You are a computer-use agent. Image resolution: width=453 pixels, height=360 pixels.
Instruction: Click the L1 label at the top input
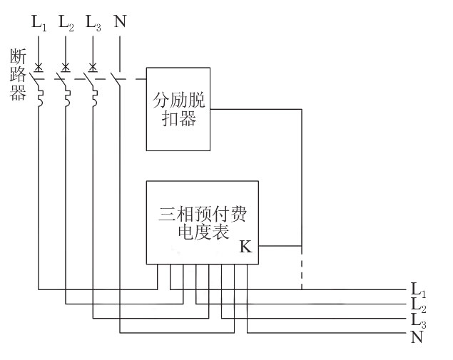39,24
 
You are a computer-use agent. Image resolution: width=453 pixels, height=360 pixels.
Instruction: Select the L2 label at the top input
66,24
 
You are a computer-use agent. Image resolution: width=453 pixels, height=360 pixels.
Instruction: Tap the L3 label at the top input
93,24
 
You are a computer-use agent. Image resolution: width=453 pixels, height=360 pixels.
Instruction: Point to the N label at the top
120,22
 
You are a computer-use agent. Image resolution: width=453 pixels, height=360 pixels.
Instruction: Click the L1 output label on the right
418,290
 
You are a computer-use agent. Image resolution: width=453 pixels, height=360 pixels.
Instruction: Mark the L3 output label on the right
418,320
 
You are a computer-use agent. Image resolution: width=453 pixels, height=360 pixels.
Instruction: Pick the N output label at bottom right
417,336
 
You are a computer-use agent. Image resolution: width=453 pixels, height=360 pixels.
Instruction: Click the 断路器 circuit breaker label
17,74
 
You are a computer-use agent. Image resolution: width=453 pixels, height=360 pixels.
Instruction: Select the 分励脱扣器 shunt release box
178,108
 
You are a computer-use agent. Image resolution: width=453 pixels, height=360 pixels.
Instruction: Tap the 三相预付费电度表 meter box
202,222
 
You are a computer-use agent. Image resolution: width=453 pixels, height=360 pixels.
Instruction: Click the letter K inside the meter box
245,247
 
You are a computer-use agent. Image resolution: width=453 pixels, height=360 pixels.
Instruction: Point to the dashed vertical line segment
302,271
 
